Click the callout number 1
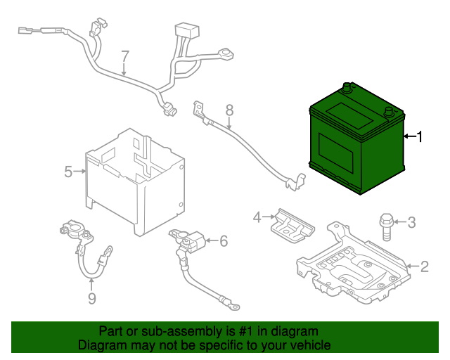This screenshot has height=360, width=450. point(420,136)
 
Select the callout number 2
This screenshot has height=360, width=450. point(424,266)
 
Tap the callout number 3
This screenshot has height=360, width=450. point(412,223)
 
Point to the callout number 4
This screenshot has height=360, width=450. point(257,217)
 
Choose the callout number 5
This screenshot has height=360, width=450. point(68,171)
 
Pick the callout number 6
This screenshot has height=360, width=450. point(224,241)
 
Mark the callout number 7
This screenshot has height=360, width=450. point(125,56)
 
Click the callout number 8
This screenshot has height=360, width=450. point(229,110)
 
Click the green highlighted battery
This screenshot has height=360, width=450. point(355,144)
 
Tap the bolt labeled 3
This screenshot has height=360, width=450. point(385,225)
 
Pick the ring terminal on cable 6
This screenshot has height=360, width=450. point(236,306)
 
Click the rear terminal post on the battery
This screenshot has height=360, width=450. point(346,89)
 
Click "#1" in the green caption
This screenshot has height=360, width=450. point(247,331)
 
